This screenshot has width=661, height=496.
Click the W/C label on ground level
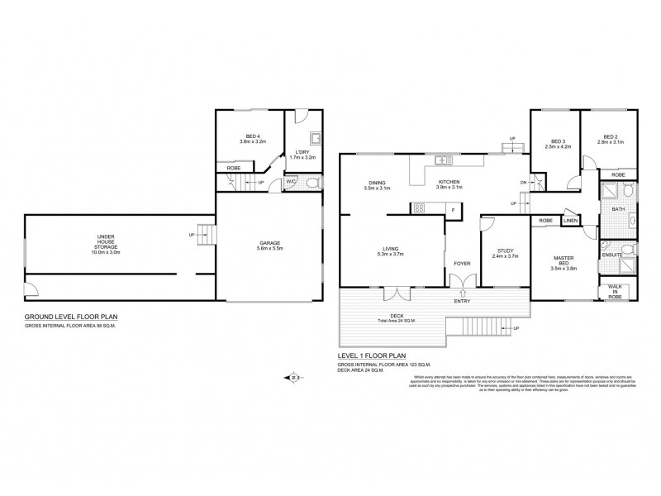click(x=291, y=183)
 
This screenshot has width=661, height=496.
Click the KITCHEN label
click(x=449, y=183)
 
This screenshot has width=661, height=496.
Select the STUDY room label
click(x=506, y=251)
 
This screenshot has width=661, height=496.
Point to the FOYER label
click(x=462, y=264)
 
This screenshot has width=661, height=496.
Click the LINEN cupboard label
click(x=571, y=221)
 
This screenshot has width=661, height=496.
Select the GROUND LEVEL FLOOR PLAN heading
click(x=70, y=317)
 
